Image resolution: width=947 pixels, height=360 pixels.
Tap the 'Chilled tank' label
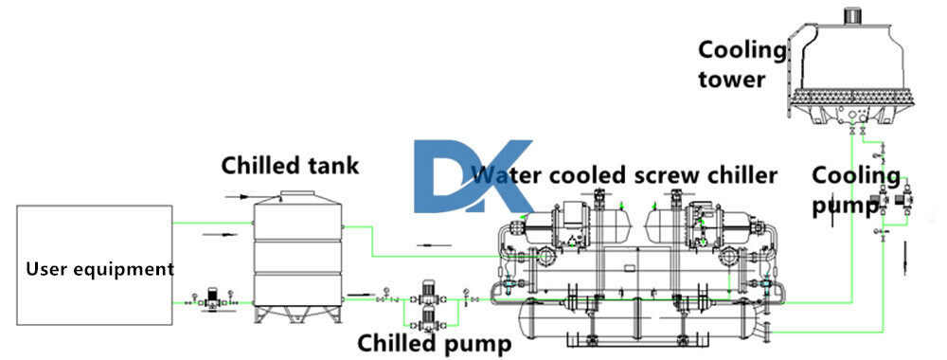point(290,166)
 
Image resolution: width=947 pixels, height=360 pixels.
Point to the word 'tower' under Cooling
point(731,79)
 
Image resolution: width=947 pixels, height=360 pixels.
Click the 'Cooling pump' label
point(856,189)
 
